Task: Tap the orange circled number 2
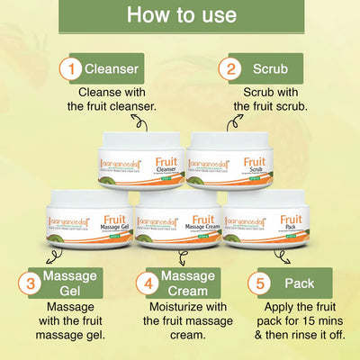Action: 233,67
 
